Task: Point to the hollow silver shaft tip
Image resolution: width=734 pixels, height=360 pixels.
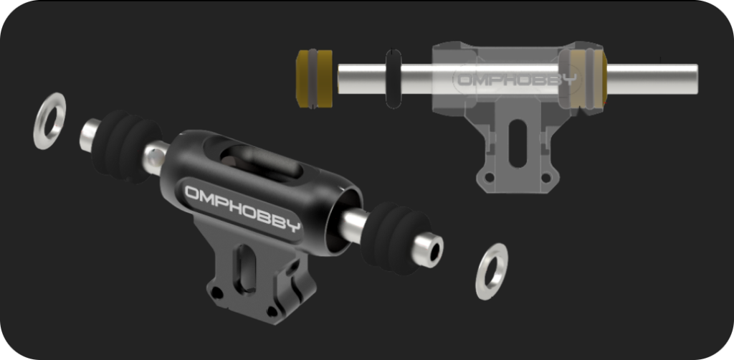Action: pos(427,250)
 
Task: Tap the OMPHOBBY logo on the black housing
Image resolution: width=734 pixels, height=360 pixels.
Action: pos(242,208)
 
